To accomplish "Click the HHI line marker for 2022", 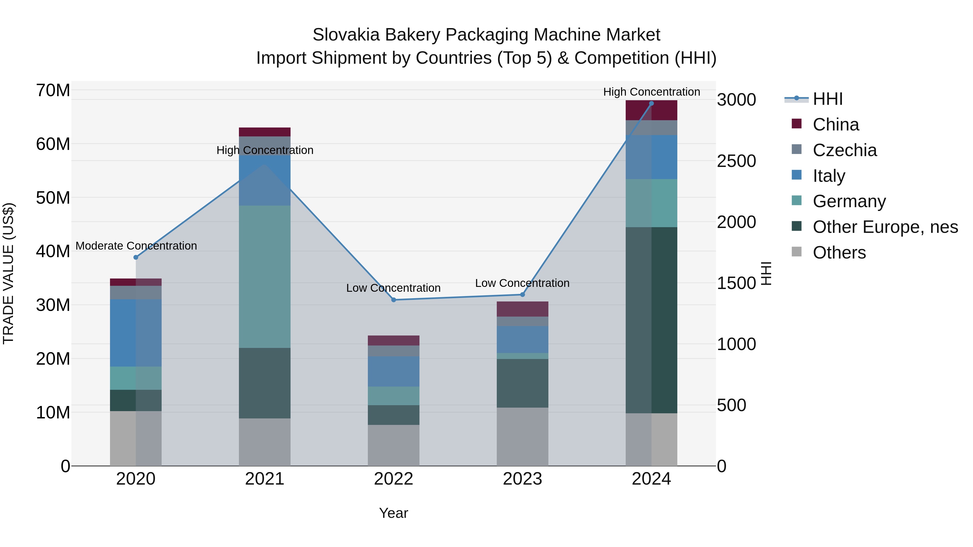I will point(394,300).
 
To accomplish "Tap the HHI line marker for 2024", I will point(651,103).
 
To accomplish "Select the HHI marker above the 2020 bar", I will point(136,257).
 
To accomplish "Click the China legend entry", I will point(835,125).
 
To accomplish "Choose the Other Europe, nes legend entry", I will point(885,227).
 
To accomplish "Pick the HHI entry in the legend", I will point(827,99).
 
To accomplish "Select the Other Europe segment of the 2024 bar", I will point(651,320).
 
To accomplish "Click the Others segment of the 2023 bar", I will point(522,437).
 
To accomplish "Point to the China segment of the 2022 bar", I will point(394,341).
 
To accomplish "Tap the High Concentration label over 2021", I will point(265,150).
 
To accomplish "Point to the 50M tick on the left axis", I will point(53,198).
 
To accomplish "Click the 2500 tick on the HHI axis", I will point(736,161).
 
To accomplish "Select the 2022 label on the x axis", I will point(394,479).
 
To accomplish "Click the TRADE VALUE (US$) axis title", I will point(8,273).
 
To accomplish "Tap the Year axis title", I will point(394,513).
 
